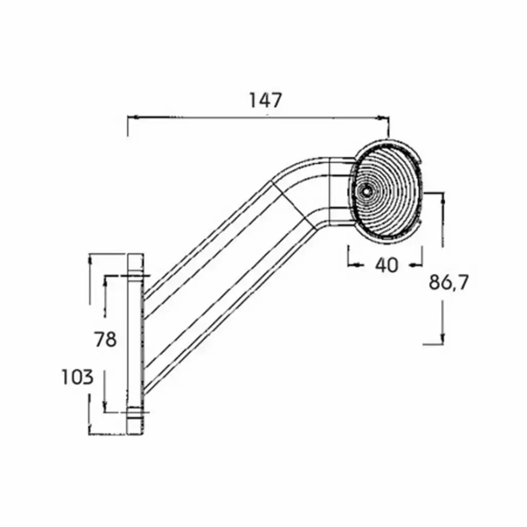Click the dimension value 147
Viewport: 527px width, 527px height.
265,100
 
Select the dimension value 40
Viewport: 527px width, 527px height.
387,265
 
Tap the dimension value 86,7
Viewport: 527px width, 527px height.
448,283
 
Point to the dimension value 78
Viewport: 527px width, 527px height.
105,339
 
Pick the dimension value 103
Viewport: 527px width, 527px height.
77,377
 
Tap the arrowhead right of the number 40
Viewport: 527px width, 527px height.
415,266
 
